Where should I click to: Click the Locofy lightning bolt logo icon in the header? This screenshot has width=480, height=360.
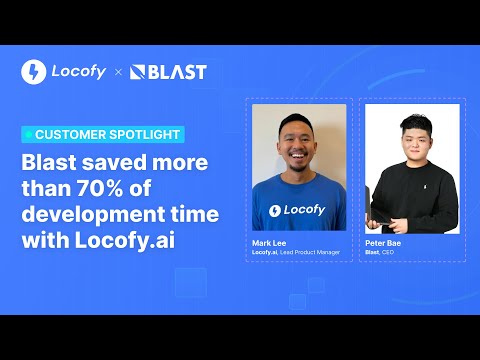tap(34, 72)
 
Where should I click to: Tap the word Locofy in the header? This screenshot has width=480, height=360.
tap(79, 72)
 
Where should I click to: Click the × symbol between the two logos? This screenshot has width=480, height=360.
tap(118, 72)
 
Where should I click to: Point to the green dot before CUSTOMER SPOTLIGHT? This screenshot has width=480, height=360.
tap(29, 134)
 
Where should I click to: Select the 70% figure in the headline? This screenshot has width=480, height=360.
tap(100, 188)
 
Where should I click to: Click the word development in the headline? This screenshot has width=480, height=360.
tap(94, 215)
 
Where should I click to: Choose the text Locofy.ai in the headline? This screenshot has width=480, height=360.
tap(125, 240)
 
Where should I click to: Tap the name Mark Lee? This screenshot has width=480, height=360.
tap(269, 243)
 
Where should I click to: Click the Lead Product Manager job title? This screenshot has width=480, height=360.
tap(310, 252)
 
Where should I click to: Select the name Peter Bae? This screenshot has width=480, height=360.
tap(383, 243)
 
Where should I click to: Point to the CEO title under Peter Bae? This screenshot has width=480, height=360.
tap(388, 252)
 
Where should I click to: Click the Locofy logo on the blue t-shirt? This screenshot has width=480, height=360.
tap(297, 210)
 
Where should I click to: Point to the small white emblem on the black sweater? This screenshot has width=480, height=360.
tap(425, 187)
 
